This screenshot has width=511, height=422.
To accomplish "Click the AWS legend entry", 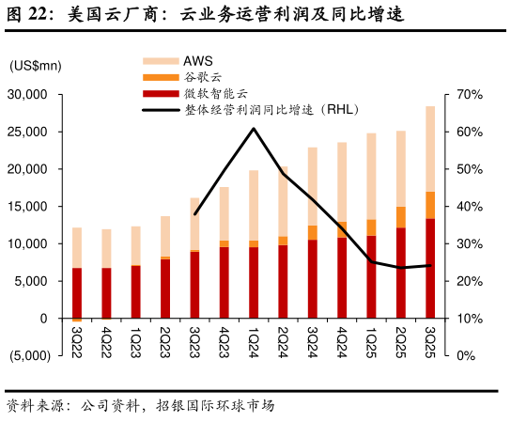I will point(197,61).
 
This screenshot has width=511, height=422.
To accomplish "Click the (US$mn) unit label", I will point(35,65).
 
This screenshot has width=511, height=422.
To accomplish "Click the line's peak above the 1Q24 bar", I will point(254,129).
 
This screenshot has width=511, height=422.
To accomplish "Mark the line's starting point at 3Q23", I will point(194,214).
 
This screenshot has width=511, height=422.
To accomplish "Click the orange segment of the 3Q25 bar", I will point(430,205).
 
